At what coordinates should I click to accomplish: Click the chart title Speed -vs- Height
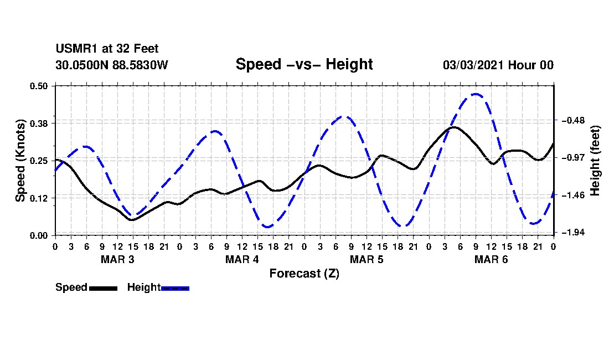[304, 64]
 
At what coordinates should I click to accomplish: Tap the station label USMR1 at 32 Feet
[107, 49]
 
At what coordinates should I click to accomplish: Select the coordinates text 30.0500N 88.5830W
[112, 65]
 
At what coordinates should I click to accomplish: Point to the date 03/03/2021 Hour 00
[498, 65]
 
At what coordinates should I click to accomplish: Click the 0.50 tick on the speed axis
[39, 86]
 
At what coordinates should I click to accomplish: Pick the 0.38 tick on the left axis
[39, 124]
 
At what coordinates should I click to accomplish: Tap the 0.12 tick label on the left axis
[39, 198]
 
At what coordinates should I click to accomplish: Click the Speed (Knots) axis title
[20, 161]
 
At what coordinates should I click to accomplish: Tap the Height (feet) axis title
[595, 161]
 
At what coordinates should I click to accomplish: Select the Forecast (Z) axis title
[304, 274]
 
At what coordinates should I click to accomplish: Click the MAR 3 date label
[118, 259]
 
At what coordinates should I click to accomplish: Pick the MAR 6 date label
[491, 259]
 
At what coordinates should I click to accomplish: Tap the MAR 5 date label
[367, 259]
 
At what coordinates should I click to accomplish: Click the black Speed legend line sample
[104, 289]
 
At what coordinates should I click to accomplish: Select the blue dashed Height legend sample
[175, 289]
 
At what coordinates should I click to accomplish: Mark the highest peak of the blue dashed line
[476, 94]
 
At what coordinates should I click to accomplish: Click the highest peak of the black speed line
[453, 127]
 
